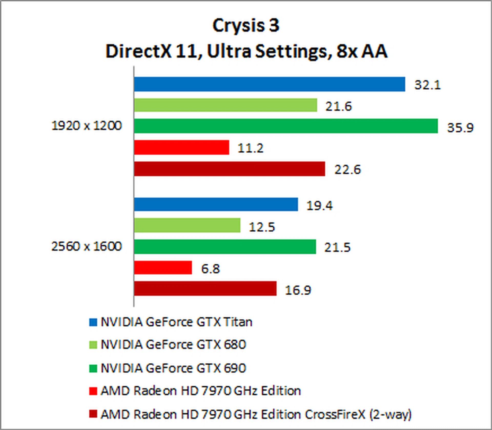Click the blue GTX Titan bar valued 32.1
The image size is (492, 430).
point(269,84)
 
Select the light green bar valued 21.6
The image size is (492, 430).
point(225,105)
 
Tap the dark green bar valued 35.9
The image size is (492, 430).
point(286,126)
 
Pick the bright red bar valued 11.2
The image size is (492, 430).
point(181,147)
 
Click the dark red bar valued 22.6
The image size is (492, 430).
point(229,169)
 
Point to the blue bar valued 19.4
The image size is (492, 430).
point(216,204)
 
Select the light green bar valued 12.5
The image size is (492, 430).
point(187,225)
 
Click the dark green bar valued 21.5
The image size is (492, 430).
point(225,247)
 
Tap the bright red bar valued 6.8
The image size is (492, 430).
point(163,268)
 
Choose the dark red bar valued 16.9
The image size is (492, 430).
point(205,288)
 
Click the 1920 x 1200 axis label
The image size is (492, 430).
point(87,126)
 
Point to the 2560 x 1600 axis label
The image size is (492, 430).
point(87,246)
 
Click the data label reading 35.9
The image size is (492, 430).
point(460,127)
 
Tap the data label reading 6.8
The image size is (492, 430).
point(210,269)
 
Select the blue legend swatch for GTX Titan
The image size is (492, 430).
point(93,322)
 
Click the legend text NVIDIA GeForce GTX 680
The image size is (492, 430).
point(173,345)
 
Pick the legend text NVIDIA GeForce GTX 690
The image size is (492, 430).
point(173,368)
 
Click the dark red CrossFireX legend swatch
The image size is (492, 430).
point(93,414)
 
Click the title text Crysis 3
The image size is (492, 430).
point(246,26)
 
